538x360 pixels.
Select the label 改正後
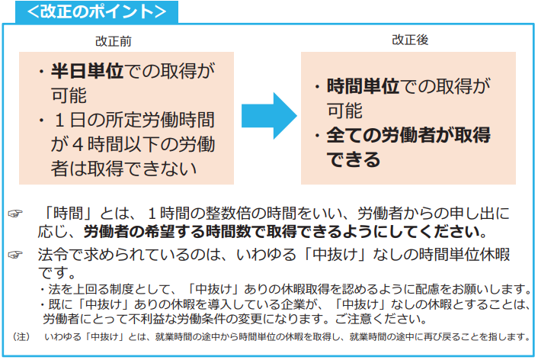(x=410, y=40)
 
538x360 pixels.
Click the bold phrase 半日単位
(x=85, y=72)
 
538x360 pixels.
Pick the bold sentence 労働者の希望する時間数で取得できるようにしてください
(x=283, y=231)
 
